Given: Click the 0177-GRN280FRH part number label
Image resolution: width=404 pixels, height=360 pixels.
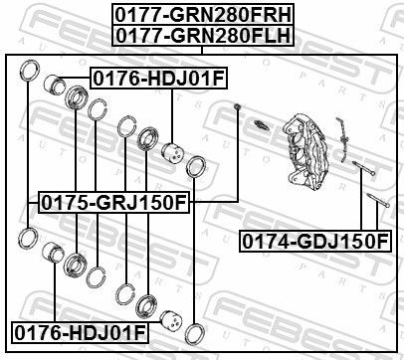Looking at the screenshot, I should coord(201,14).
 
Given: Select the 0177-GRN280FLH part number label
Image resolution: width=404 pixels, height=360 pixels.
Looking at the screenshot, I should coord(201,35).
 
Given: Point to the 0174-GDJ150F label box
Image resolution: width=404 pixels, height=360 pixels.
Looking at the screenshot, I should coord(313,240).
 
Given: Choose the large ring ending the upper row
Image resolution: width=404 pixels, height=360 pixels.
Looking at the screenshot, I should coord(197,166).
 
